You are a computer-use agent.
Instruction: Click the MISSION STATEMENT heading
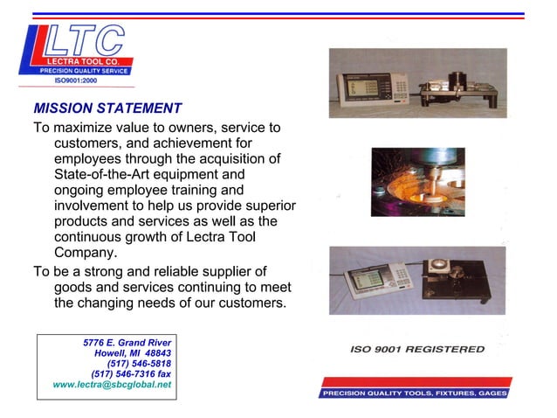[x=107, y=109]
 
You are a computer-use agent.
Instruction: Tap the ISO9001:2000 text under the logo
[x=76, y=80]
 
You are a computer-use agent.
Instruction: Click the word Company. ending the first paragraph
[x=85, y=254]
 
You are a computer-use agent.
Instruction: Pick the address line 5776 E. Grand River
[x=127, y=342]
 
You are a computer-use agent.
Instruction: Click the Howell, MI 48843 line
[x=132, y=352]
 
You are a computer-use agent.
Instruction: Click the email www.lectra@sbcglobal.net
[x=112, y=384]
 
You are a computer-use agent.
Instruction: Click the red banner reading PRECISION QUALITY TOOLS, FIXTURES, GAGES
[x=413, y=393]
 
